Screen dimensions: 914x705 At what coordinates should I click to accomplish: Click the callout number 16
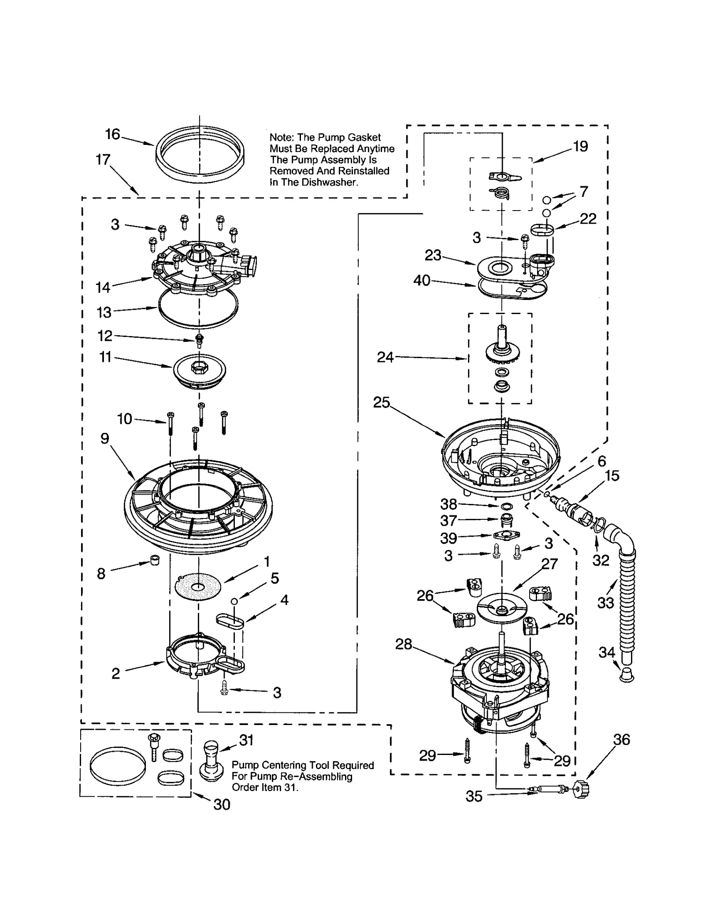[x=112, y=134]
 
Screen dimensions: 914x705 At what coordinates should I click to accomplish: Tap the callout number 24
[x=385, y=357]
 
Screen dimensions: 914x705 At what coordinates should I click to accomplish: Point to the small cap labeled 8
[x=155, y=560]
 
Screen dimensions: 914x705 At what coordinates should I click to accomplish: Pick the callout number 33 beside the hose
[x=605, y=603]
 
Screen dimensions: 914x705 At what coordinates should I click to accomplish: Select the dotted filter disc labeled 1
[x=198, y=586]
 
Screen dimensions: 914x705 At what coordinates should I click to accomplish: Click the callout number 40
[x=422, y=280]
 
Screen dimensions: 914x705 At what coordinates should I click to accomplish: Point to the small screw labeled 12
[x=199, y=339]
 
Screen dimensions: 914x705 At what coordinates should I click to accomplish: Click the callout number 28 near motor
[x=403, y=644]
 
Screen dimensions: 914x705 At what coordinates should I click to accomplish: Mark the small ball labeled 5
[x=234, y=601]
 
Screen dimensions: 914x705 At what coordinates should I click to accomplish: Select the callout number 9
[x=104, y=438]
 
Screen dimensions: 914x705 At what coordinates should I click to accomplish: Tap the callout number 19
[x=580, y=146]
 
